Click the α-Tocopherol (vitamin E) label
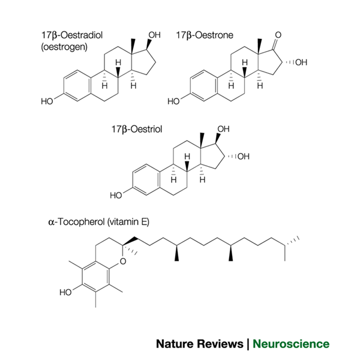(98, 221)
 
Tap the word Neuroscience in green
(291, 344)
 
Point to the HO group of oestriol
(117, 196)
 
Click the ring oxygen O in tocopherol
(122, 260)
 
